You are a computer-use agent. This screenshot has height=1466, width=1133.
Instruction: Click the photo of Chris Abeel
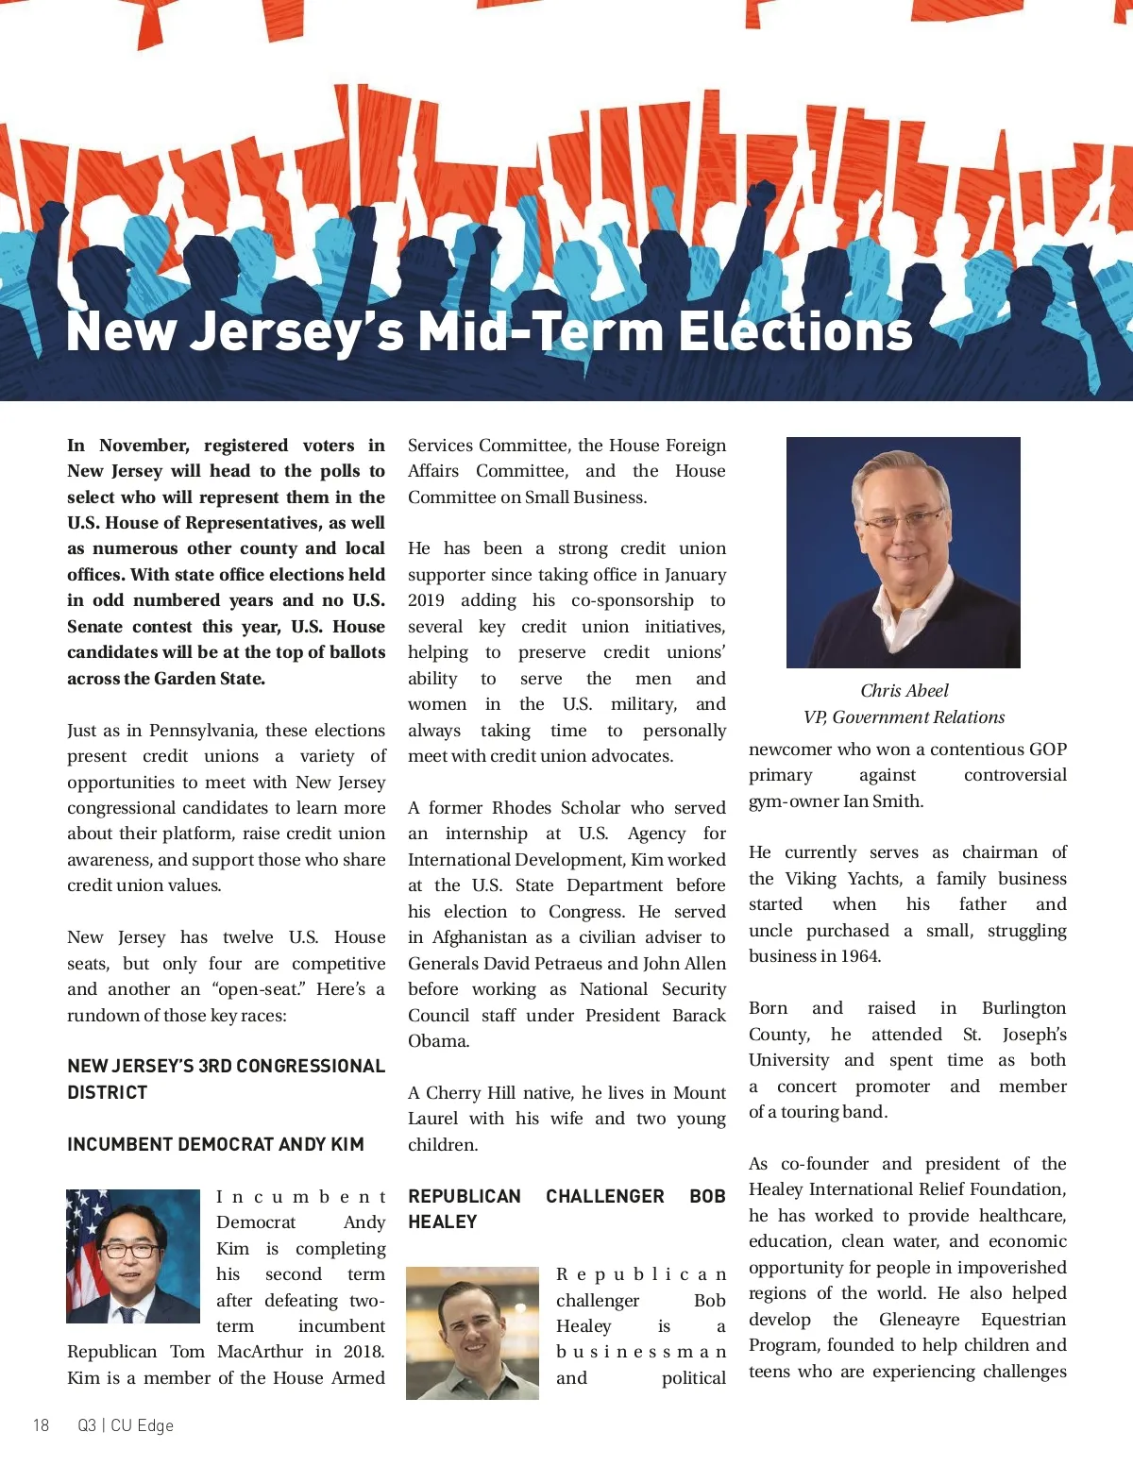[903, 552]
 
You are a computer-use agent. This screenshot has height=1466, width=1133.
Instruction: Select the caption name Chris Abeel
[904, 691]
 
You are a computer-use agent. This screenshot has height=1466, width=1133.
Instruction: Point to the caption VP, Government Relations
[904, 717]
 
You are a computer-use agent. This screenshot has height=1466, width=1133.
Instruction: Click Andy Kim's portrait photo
[133, 1255]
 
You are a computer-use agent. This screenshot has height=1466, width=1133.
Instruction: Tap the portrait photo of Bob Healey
[472, 1333]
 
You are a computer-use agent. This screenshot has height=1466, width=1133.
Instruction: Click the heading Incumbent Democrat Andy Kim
[215, 1144]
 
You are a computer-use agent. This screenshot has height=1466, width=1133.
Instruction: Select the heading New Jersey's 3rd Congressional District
[226, 1079]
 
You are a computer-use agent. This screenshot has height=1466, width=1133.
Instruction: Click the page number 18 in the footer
[42, 1425]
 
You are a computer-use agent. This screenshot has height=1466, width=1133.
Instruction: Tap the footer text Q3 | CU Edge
[126, 1425]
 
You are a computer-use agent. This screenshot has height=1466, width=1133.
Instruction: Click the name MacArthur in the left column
[261, 1352]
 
